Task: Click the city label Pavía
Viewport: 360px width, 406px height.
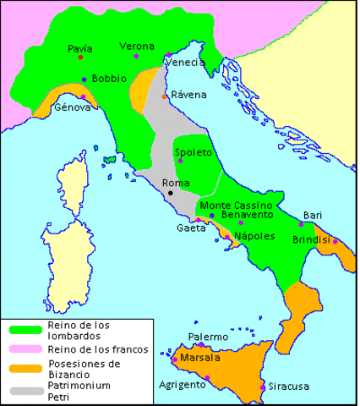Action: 79,48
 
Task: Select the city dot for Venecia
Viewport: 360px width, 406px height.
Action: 169,54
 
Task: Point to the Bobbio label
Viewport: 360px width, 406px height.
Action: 109,79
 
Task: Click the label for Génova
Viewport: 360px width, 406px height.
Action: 70,107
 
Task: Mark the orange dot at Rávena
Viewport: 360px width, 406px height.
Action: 164,96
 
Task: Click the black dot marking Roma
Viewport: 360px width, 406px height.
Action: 170,193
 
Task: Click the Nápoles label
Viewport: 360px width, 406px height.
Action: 254,236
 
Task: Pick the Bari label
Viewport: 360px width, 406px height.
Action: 313,215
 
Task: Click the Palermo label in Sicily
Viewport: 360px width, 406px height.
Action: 208,337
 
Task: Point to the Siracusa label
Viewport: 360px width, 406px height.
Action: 289,387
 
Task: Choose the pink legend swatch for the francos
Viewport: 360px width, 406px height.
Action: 25,348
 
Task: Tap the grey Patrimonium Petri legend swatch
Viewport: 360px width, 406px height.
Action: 25,390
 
